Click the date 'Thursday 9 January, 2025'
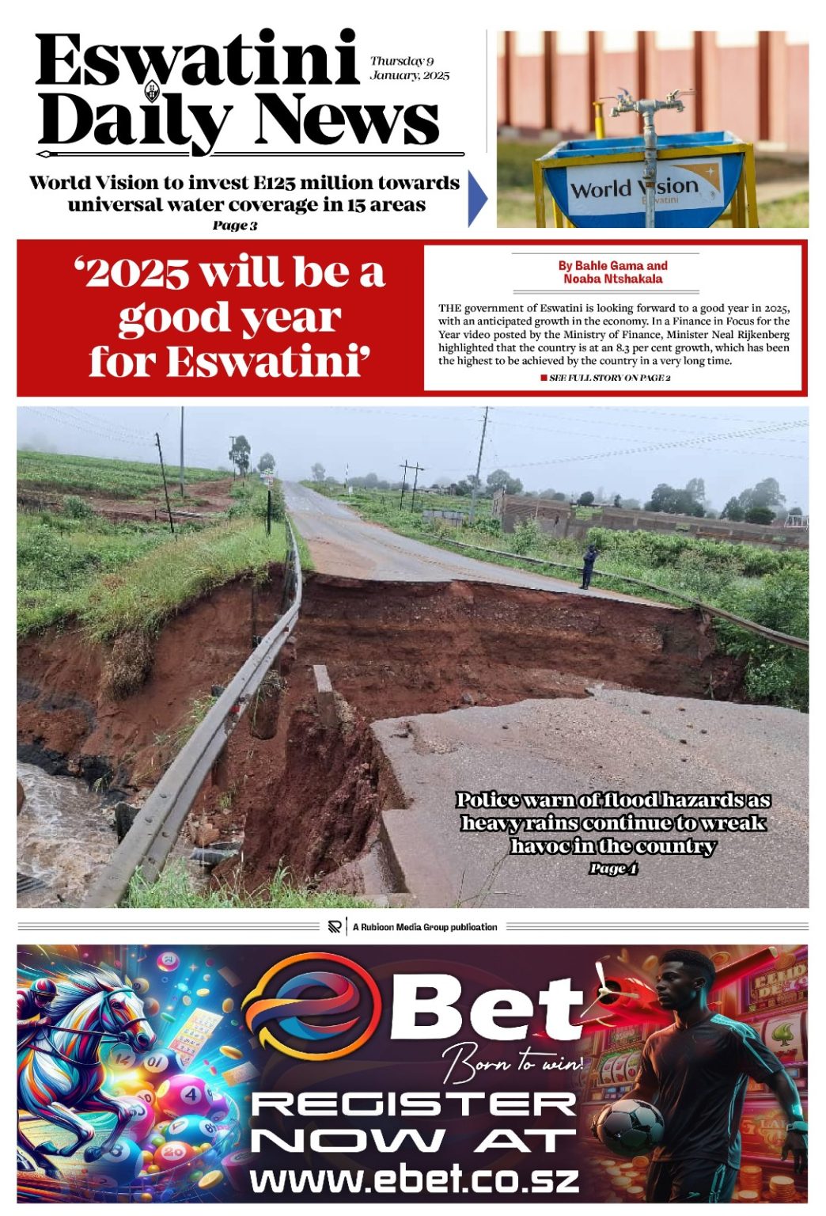409,68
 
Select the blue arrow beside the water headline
477,198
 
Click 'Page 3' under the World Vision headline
235,226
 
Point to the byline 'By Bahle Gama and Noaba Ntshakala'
613,272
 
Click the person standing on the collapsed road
588,566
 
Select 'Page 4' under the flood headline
613,868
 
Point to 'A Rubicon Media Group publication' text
425,927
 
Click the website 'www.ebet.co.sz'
415,1180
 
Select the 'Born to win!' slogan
513,1064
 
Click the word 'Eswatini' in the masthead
197,62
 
